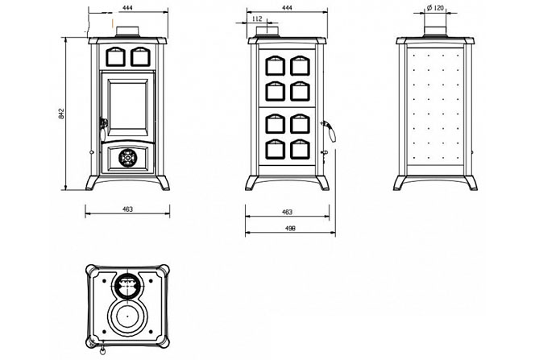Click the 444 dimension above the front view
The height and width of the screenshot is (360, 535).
128,7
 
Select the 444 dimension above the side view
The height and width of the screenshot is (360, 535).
288,7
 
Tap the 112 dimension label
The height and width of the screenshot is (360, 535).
257,19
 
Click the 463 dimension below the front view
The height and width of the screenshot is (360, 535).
128,209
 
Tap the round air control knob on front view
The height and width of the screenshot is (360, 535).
126,158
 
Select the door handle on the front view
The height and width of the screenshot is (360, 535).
103,122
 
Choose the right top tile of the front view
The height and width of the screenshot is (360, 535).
139,56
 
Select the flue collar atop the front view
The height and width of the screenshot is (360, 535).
127,31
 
